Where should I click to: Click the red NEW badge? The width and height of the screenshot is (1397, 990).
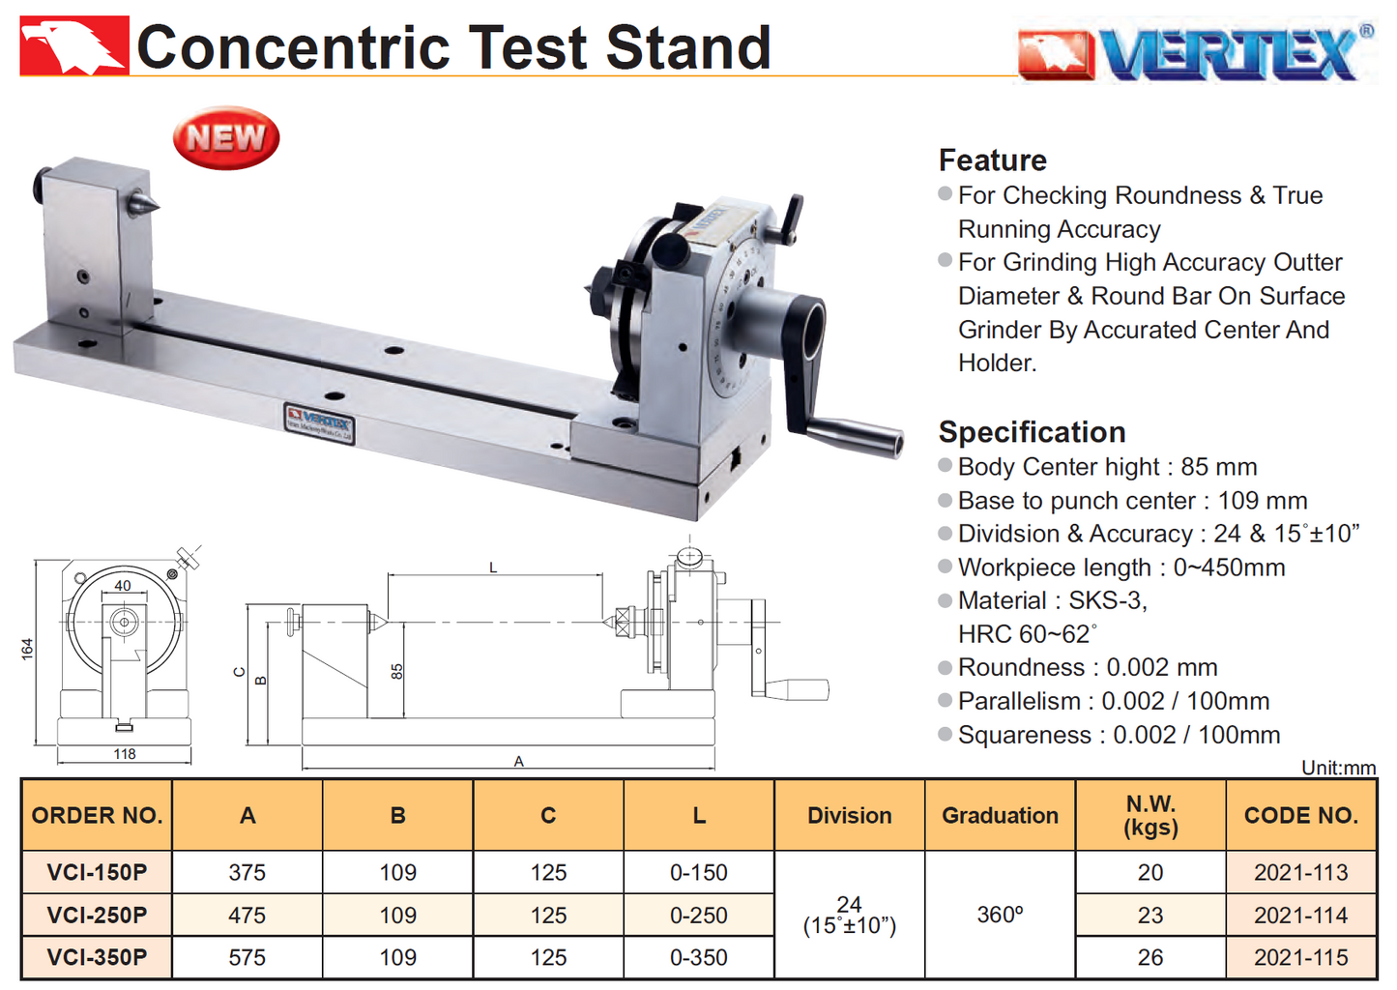226,138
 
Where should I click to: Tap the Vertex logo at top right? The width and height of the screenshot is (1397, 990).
1196,53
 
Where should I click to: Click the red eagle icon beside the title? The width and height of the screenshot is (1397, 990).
73,45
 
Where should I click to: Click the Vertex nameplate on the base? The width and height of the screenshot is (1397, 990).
319,422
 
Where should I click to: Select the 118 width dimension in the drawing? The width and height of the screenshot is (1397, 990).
125,754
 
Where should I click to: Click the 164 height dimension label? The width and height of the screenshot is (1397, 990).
27,649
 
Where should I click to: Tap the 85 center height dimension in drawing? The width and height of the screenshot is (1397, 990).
396,671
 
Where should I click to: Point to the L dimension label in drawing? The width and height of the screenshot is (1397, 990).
493,568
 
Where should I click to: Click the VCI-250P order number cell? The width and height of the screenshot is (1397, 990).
97,915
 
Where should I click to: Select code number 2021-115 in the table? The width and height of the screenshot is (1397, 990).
1300,957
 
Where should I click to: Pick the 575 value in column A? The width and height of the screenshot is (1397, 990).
247,957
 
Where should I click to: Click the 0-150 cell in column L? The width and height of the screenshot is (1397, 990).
699,872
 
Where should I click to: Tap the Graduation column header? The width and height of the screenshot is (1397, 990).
1000,815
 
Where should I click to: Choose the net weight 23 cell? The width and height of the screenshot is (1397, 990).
1150,915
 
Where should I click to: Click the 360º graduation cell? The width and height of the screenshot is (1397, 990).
1000,915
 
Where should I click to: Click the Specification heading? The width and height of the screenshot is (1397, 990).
1032,431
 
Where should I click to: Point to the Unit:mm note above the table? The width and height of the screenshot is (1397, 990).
1338,768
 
